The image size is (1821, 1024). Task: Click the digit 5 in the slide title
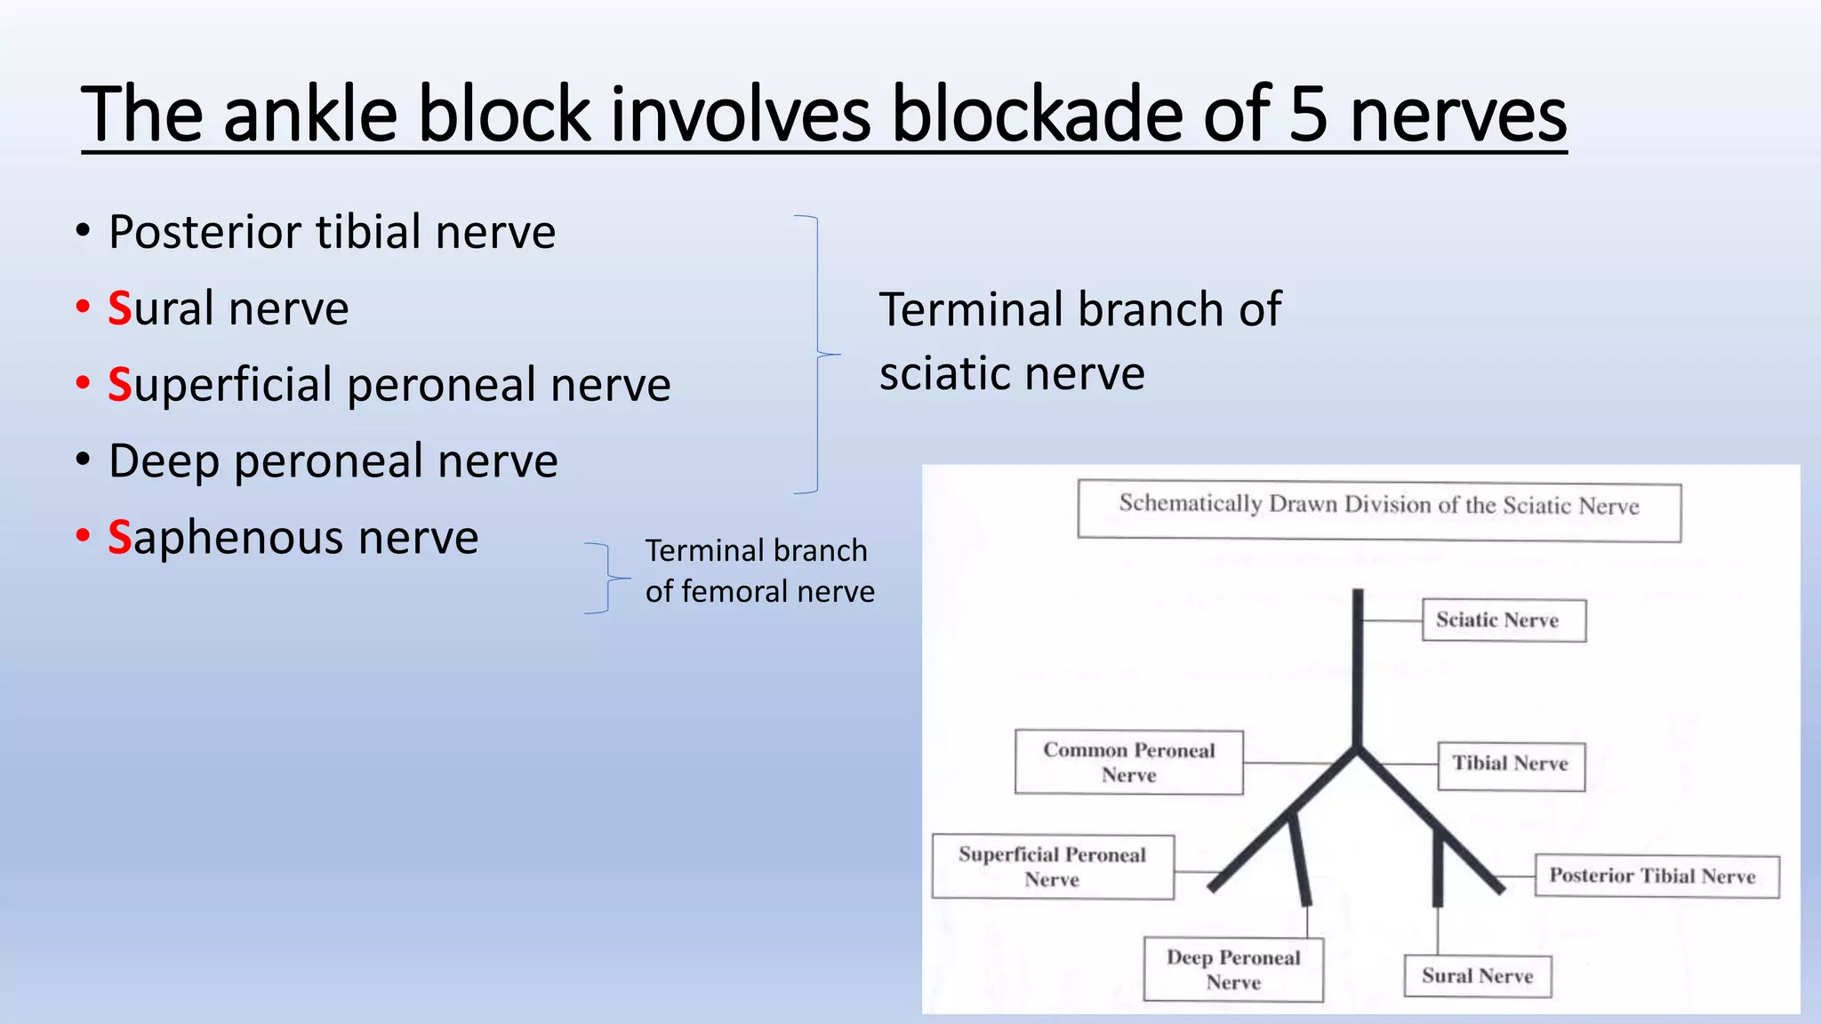coord(1307,116)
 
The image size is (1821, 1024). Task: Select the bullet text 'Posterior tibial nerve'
coord(332,232)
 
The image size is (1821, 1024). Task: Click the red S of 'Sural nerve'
coord(120,309)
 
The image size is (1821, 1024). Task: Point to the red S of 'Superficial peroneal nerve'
coord(120,386)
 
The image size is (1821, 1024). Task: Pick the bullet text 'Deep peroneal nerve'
coord(333,461)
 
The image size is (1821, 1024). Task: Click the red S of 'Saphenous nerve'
coord(120,538)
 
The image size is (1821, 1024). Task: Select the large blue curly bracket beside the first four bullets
coord(818,354)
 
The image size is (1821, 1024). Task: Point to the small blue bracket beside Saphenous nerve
coord(608,578)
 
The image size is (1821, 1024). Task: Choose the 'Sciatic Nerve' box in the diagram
coord(1504,620)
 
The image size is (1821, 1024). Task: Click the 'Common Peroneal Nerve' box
coord(1128,762)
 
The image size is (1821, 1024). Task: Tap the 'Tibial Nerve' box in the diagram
coord(1511,764)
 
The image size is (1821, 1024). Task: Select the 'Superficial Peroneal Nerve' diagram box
coord(1052,867)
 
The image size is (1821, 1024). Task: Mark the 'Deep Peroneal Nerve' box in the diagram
coord(1232,970)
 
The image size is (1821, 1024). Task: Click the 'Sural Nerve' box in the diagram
coord(1477,976)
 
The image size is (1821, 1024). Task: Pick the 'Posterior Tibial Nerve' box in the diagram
coord(1656,876)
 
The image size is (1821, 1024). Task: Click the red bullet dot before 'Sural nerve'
coord(83,308)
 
